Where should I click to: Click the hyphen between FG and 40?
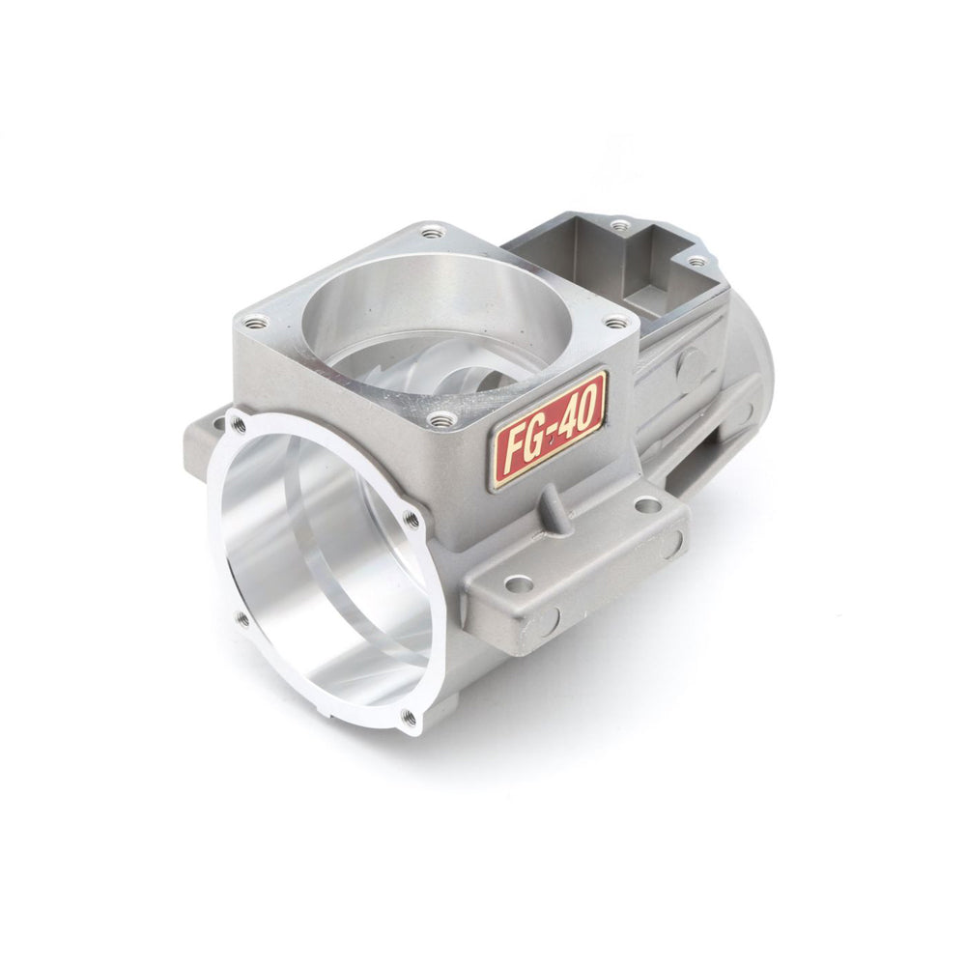click(553, 426)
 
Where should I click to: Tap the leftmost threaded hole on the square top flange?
click(253, 325)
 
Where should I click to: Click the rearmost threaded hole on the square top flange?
click(431, 232)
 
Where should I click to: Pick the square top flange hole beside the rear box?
click(614, 323)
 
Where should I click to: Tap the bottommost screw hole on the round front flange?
click(409, 716)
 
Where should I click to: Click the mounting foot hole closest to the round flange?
click(519, 583)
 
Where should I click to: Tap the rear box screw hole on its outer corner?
click(695, 261)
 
